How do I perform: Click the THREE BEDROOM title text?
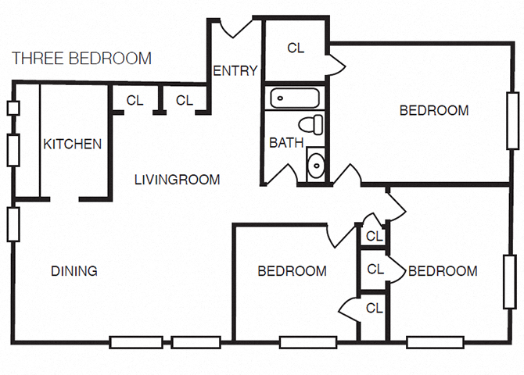pos(82,59)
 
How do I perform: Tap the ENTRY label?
pos(235,71)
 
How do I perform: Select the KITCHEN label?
pos(72,144)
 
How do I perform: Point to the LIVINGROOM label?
pos(177,180)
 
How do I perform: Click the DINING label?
pos(74,271)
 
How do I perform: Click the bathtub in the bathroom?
pos(295,98)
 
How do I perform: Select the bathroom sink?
pos(316,165)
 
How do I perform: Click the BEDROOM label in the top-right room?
pos(434,110)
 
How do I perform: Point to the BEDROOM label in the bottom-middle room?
pos(292,271)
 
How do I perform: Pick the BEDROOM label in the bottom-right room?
pos(443,271)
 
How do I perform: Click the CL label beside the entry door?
pos(296,48)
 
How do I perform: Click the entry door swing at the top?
pos(235,27)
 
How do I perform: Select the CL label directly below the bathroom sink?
pos(374,236)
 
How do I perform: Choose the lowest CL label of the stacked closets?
pos(375,308)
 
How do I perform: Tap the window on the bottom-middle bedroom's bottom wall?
pos(303,341)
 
